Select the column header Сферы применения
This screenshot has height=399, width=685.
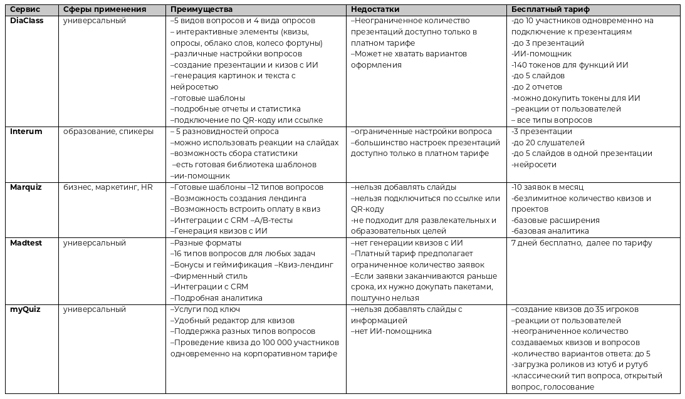(x=105, y=10)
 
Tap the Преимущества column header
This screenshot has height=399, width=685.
(x=201, y=10)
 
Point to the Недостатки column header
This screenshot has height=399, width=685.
(x=375, y=10)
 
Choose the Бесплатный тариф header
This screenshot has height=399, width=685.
(x=550, y=10)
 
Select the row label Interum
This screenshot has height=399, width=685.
(x=26, y=132)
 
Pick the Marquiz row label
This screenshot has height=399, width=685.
(x=26, y=187)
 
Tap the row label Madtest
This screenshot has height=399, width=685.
(x=26, y=243)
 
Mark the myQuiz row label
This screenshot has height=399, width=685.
(x=24, y=309)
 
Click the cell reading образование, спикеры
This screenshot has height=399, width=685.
(x=108, y=132)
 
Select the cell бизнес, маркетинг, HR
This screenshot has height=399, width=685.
(x=108, y=187)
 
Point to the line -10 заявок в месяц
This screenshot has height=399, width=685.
(x=547, y=187)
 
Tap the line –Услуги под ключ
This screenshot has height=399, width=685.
(x=205, y=309)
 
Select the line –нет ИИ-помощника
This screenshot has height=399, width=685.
(x=391, y=331)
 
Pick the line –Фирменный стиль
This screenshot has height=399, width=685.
(x=209, y=276)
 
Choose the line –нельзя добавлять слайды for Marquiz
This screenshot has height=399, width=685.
(x=403, y=187)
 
